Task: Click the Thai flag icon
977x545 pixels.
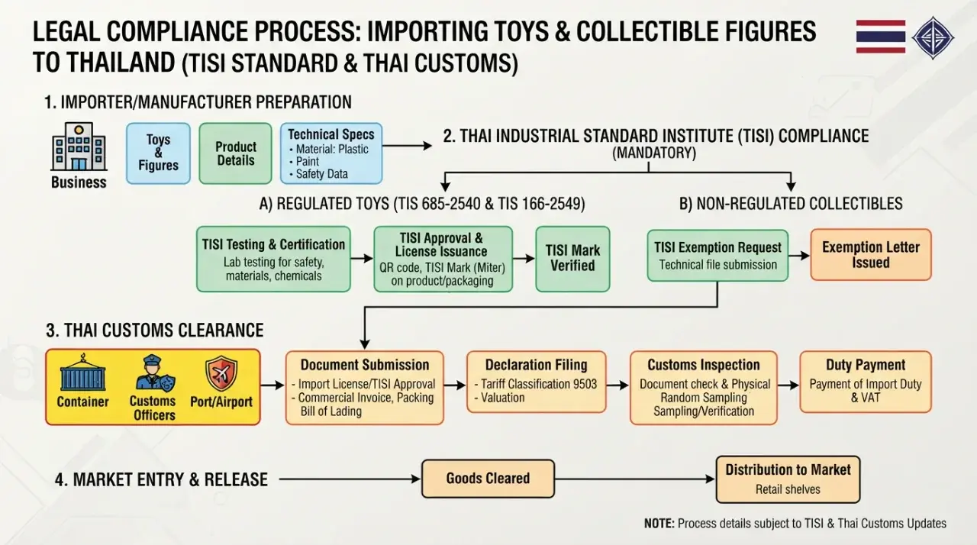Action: click(881, 37)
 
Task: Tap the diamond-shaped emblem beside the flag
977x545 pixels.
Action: click(933, 38)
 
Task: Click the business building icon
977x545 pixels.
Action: click(79, 147)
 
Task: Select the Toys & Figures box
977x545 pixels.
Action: click(158, 153)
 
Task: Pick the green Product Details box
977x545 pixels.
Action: click(236, 153)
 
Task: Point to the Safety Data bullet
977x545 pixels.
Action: click(319, 174)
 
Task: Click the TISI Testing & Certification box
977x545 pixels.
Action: click(273, 259)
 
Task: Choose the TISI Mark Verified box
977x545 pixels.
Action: click(572, 259)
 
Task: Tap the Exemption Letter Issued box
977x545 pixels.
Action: click(871, 255)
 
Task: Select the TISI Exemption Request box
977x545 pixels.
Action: click(718, 256)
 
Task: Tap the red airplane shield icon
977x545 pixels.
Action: click(221, 373)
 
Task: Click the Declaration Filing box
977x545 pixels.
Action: click(537, 382)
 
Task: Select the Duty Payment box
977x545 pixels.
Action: click(866, 382)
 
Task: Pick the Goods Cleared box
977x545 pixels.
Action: click(488, 479)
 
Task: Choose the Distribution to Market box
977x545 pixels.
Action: click(788, 479)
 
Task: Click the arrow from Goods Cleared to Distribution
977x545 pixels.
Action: click(635, 479)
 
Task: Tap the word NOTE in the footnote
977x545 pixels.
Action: click(659, 523)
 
